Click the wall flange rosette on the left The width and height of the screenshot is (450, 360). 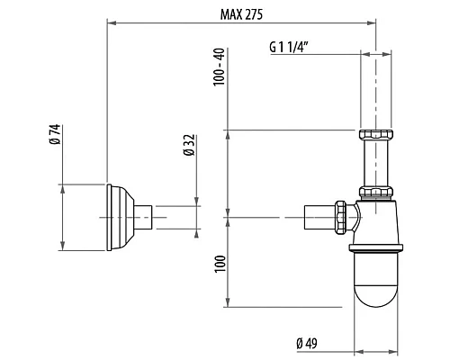118,217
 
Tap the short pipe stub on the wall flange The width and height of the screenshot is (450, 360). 143,217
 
